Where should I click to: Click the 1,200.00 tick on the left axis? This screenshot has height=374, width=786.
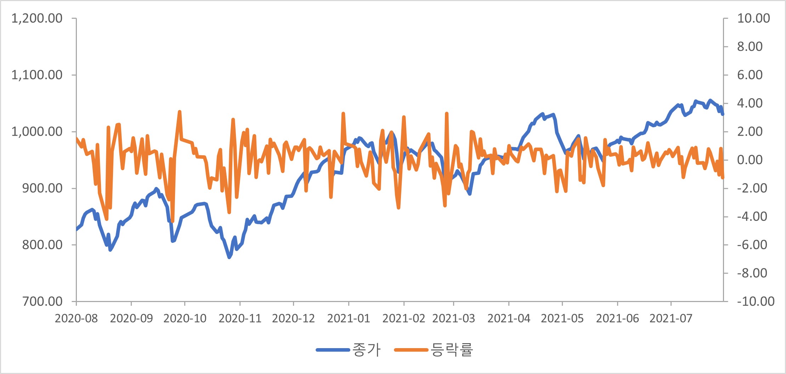tap(37, 18)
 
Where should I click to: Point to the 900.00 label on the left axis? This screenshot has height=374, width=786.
tap(42, 188)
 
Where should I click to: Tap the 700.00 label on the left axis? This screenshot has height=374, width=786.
tap(42, 301)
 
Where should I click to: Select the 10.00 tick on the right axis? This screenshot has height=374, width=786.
tap(753, 18)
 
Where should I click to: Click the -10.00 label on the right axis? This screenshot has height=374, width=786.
tap(756, 301)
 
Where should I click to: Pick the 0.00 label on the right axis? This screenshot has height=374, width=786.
tap(750, 160)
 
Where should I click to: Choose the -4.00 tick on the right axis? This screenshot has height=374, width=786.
tap(752, 216)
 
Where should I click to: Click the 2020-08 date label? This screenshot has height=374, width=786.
tap(76, 318)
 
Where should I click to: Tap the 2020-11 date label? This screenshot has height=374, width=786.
tap(240, 318)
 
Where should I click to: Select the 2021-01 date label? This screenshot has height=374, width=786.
tap(349, 318)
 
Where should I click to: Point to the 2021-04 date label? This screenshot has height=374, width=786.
tap(509, 318)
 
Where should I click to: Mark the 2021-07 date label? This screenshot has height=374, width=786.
tap(671, 318)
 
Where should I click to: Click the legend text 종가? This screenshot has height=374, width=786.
tap(366, 350)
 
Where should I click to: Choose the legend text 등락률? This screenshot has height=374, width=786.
tap(452, 350)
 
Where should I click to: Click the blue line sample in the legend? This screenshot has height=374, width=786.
tap(333, 350)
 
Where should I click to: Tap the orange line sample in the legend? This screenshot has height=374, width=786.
tap(411, 350)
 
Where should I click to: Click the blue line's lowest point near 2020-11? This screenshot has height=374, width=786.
tap(229, 257)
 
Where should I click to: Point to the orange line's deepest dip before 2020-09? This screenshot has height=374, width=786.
tap(107, 219)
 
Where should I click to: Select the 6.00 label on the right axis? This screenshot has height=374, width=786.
tap(750, 75)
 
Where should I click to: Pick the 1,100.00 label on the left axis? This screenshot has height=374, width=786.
tap(37, 75)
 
